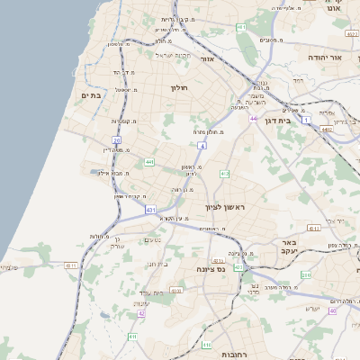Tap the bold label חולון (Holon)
(178, 87)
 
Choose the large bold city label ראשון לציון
(226, 206)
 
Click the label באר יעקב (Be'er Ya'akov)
(289, 247)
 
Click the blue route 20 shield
(117, 141)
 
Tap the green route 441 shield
(148, 162)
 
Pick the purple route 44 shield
(254, 119)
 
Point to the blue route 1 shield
(306, 119)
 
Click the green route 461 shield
(241, 29)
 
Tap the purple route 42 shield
(141, 314)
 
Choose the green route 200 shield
(305, 274)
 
